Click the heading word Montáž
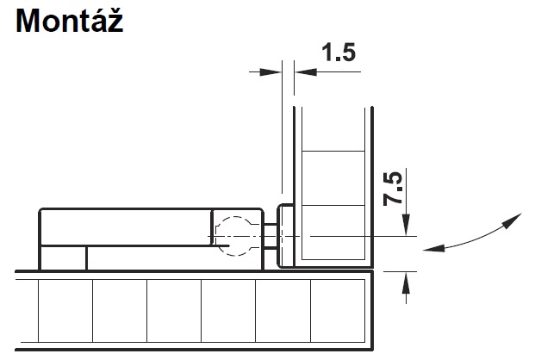[x=70, y=20]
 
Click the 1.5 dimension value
[x=338, y=53]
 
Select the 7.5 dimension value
[x=393, y=189]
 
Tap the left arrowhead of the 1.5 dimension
[x=270, y=72]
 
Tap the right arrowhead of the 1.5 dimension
[x=305, y=72]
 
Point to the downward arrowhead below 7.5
[x=407, y=225]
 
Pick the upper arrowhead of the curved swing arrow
[x=513, y=220]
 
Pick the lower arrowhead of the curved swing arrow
[x=433, y=248]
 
